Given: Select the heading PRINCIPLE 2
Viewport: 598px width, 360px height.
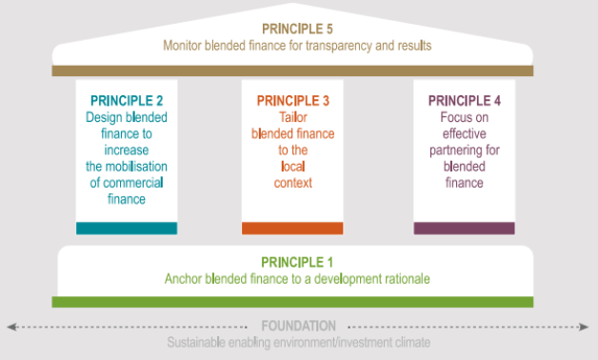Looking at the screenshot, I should click(126, 99).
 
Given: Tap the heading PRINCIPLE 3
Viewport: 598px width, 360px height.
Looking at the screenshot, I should click(291, 99).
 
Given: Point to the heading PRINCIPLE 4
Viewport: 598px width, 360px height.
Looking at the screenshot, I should click(464, 99).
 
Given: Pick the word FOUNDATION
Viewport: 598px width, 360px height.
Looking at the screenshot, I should click(299, 326).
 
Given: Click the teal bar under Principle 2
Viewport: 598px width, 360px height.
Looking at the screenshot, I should click(126, 229).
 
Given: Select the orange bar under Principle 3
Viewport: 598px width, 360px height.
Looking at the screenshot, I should click(291, 229).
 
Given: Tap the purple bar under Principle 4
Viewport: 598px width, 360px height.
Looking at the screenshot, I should click(464, 229).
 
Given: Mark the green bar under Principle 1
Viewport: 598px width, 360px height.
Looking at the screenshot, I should click(292, 302).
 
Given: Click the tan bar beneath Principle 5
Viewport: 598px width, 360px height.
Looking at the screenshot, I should click(292, 70).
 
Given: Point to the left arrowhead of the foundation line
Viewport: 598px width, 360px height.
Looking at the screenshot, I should click(11, 326).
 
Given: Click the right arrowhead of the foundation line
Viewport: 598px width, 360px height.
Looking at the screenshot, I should click(586, 326).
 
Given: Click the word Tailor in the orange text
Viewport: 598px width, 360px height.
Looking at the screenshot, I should click(291, 115).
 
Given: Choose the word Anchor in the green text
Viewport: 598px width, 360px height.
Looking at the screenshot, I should click(183, 279).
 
